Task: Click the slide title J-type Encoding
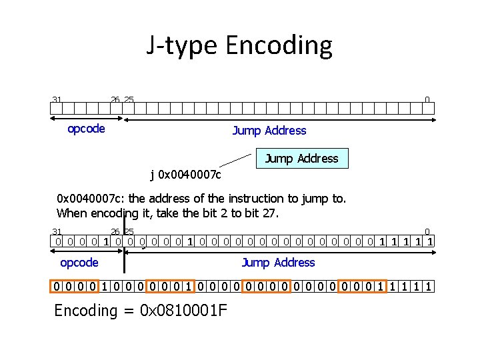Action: tap(239, 45)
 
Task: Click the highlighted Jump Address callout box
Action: tap(302, 158)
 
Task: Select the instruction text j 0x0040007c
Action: tap(185, 175)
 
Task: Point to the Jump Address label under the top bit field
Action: tap(269, 131)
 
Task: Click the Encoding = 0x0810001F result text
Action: tap(140, 310)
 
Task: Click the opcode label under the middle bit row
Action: tap(79, 263)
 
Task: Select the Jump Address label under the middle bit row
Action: tap(278, 263)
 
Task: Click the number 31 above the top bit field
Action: tap(57, 100)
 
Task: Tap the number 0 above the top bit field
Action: tap(427, 100)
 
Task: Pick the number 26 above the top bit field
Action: tap(115, 100)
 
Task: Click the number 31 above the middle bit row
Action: tap(57, 231)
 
